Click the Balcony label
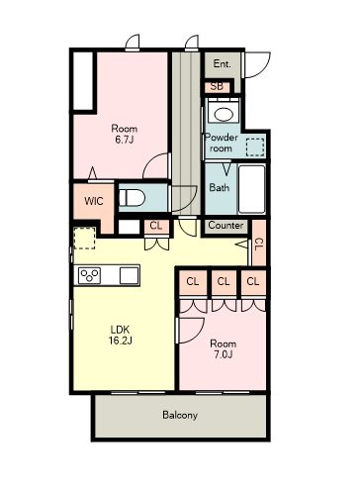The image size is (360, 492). click(x=180, y=415)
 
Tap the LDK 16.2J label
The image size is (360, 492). click(x=121, y=335)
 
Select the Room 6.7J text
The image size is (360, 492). click(x=124, y=134)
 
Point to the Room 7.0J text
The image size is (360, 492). click(x=224, y=348)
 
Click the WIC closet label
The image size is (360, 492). click(x=94, y=201)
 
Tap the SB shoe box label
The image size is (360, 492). click(x=217, y=86)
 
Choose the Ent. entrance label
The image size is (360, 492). click(x=222, y=63)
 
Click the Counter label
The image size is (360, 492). click(x=225, y=226)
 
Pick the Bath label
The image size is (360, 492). click(x=220, y=187)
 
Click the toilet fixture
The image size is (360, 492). click(x=132, y=198)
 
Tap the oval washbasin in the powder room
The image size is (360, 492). click(x=226, y=114)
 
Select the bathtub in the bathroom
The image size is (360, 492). click(x=252, y=189)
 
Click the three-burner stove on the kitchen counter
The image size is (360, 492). click(x=90, y=275)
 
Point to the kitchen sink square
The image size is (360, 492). click(x=129, y=275)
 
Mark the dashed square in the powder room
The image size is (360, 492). click(x=255, y=148)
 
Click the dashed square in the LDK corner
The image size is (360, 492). click(x=84, y=238)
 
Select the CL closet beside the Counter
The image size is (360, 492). click(x=259, y=244)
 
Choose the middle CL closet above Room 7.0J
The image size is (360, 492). click(x=224, y=282)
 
